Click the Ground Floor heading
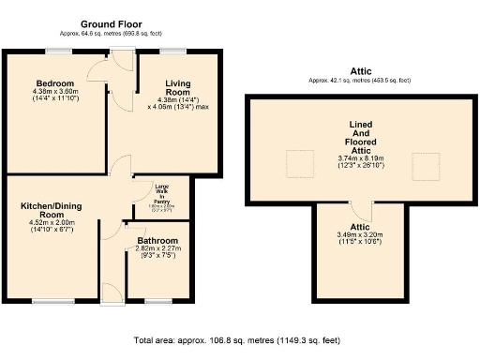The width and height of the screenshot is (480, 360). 112,23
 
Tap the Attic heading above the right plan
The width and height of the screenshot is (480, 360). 361,71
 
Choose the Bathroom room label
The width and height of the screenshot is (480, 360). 157,241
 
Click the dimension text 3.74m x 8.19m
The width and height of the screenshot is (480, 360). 361,158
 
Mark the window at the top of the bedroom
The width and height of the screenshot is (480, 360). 55,51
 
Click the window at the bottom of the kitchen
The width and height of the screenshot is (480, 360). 47,300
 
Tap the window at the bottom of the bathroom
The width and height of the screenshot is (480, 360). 157,300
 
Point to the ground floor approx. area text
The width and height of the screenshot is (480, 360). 112,34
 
